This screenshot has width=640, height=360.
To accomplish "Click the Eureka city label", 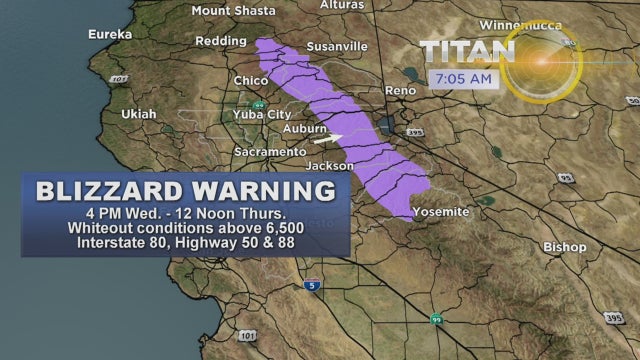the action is coord(110,34).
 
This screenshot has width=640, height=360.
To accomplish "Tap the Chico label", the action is coord(250,80).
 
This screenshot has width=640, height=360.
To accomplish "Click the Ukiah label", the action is coord(139,114).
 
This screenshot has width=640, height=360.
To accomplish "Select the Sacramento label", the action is coord(268,151).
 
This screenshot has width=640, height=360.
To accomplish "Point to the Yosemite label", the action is coord(441,213).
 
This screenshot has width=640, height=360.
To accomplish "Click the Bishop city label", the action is coord(564,246).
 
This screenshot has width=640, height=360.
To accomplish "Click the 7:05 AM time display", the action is coord(461,78).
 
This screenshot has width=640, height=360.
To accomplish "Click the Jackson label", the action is coord(330,165).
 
